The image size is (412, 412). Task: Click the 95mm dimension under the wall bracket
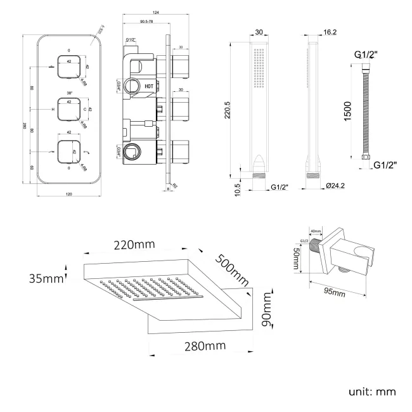coord(333,293)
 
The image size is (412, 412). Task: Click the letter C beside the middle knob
coord(85,110)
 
